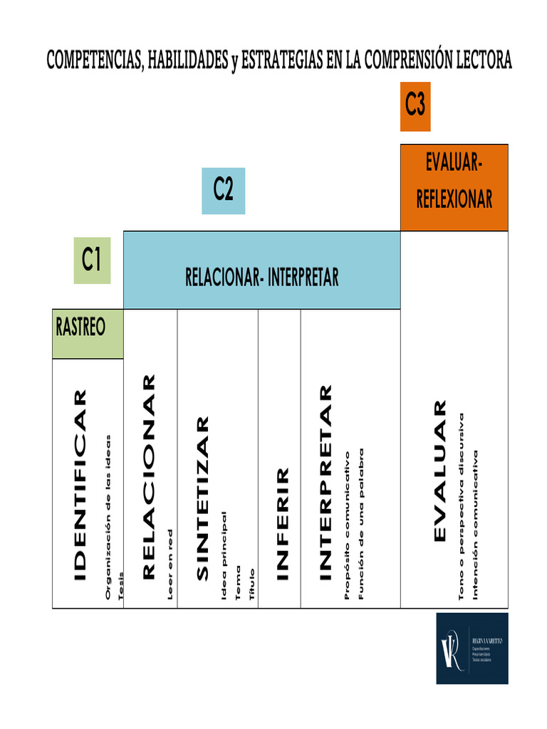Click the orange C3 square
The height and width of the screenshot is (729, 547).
click(x=415, y=106)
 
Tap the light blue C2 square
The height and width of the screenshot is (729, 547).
click(x=223, y=191)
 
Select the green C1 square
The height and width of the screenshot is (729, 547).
click(x=92, y=261)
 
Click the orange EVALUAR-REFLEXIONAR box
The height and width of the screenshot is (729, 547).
click(x=454, y=187)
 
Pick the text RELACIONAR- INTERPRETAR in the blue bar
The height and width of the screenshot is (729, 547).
click(x=261, y=278)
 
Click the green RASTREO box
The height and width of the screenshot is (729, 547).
click(x=87, y=333)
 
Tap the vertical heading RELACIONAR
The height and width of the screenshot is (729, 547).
click(x=148, y=477)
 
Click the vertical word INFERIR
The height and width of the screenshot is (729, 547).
click(x=282, y=523)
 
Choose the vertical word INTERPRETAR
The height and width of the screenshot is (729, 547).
click(x=325, y=483)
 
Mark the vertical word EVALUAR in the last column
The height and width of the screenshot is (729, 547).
click(x=440, y=471)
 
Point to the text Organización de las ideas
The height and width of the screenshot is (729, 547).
click(x=108, y=516)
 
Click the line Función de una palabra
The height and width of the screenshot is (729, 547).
click(x=361, y=523)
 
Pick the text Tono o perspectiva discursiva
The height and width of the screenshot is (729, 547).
click(x=462, y=505)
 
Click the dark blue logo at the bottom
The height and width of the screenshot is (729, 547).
click(x=472, y=648)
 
